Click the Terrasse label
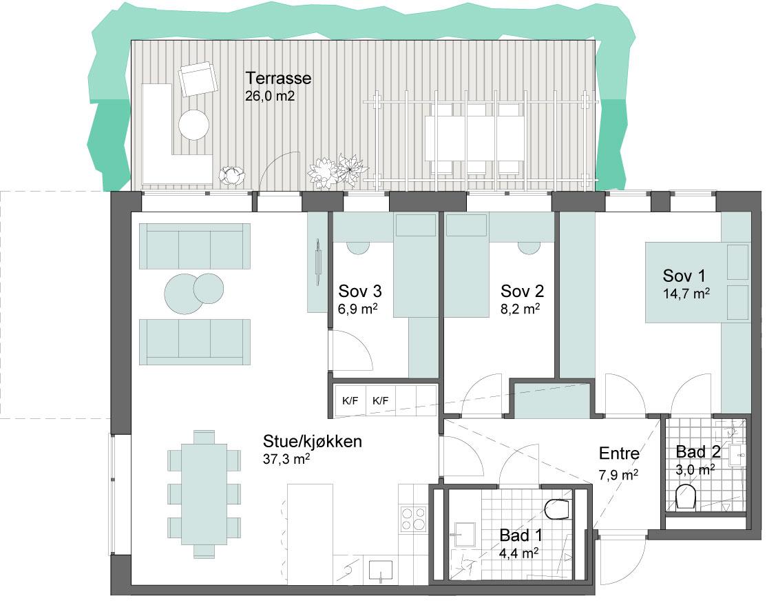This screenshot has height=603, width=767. tap(278, 78)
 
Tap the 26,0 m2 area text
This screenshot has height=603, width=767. tap(270, 95)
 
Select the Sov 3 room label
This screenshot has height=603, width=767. tap(360, 292)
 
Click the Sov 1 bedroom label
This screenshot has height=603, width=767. tap(684, 276)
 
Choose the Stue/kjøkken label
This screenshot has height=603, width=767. tap(313, 441)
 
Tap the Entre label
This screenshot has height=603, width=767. tap(619, 453)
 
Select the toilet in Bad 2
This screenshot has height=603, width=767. tap(686, 498)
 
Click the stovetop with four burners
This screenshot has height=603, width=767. tap(414, 519)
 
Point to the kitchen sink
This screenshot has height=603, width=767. tap(381, 571)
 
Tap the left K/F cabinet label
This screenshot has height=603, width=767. tap(350, 401)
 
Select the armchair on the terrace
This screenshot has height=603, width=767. tap(198, 79)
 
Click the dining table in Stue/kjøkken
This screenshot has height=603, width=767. tap(204, 494)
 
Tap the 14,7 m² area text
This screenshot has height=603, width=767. tap(686, 294)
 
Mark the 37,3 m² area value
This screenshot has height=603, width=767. tap(286, 459)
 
